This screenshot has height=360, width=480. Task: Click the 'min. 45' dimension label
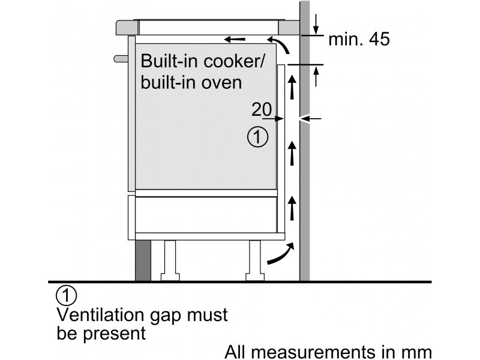click(x=359, y=39)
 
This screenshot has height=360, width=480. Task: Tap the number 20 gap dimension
click(x=262, y=109)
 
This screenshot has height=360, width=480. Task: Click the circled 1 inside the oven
click(x=258, y=137)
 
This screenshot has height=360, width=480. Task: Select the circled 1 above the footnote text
click(x=67, y=295)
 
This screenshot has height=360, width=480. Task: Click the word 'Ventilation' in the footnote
click(x=100, y=314)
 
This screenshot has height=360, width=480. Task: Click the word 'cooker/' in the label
click(x=233, y=61)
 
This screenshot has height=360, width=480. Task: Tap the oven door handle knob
click(x=121, y=58)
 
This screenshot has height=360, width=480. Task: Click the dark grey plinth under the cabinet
click(x=143, y=260)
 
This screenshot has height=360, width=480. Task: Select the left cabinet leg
click(x=170, y=260)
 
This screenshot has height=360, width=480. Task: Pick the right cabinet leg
click(x=255, y=260)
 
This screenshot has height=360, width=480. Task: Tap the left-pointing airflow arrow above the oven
click(x=235, y=39)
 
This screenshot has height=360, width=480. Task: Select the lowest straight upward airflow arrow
click(x=292, y=208)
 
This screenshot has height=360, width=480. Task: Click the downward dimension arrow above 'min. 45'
click(x=316, y=24)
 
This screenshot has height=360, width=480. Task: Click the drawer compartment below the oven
click(x=206, y=214)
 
